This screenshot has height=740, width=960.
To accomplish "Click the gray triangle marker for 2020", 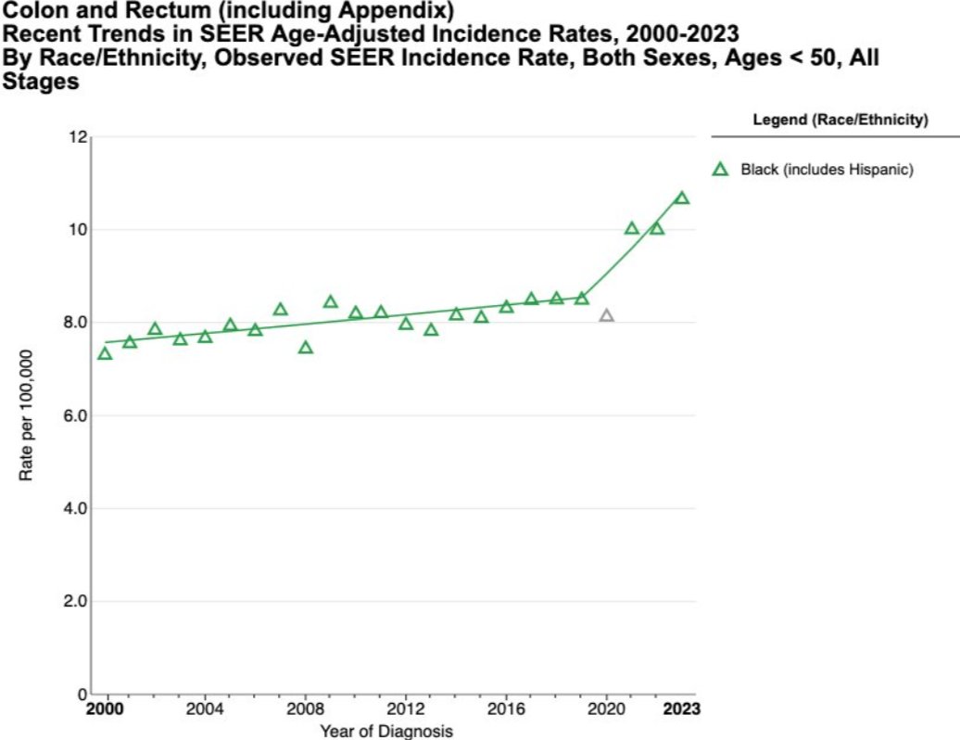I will tap(606, 316).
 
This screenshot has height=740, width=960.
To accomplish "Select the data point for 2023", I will tap(682, 198).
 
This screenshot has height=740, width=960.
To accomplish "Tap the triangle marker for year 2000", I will tap(105, 353).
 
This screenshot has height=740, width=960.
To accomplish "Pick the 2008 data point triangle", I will tap(306, 348).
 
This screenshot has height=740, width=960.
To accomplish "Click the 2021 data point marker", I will tap(632, 228).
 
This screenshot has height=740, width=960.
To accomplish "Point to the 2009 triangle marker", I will tap(331, 302).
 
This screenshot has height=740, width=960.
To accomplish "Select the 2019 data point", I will tap(582, 299).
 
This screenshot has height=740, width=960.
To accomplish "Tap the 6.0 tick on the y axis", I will tap(74, 415).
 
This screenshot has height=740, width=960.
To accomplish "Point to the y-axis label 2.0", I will tap(74, 601).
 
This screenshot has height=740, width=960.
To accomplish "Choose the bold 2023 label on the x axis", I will tap(680, 710).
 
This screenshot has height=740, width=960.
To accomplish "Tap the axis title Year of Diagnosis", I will tap(387, 731).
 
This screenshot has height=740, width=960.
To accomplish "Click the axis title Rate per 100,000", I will tap(27, 415).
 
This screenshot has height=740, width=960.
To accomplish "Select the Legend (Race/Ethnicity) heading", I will tap(840, 120).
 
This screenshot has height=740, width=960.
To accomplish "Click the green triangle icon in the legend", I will tap(719, 170).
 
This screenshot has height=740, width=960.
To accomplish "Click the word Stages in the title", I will tap(41, 82).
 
